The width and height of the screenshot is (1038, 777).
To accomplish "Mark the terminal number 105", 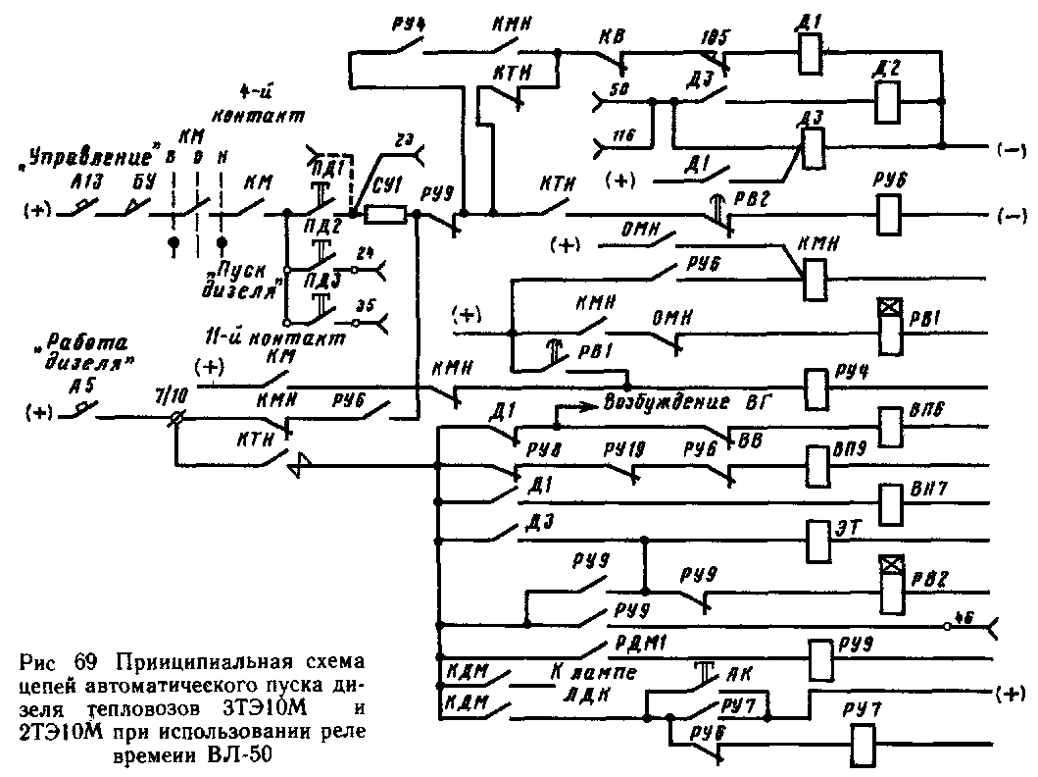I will (x=717, y=38).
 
